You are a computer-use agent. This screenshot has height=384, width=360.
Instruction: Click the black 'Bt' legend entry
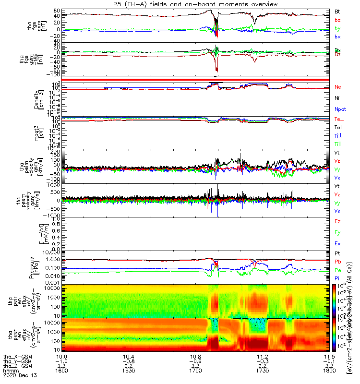coord(337,11)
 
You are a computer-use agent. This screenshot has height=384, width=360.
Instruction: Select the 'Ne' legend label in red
coord(337,87)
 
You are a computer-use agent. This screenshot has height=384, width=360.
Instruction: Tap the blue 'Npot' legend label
coord(340,109)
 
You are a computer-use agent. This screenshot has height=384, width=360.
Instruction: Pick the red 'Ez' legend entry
coord(337,221)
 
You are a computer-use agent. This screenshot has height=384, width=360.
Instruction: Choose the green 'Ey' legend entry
coord(337,233)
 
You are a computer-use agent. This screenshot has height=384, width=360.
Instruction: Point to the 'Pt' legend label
coord(337,253)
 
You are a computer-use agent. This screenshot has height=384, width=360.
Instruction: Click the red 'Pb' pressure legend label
coord(337,262)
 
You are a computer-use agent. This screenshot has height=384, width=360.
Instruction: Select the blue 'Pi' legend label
coord(337,279)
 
